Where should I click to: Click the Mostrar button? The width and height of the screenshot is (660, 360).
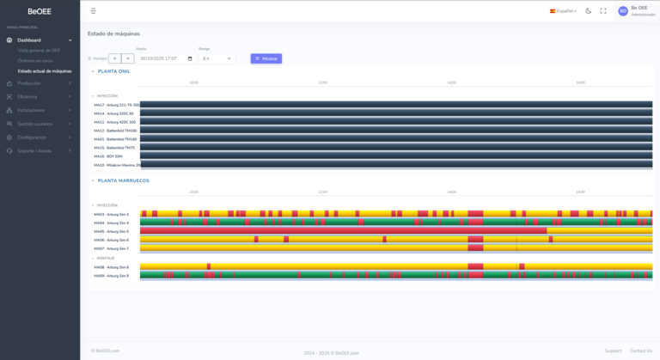266,58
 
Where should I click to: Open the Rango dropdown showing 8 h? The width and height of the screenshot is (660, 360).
217,58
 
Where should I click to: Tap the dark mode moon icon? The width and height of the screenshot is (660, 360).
589,11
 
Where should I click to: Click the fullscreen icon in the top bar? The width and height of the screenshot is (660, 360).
602,11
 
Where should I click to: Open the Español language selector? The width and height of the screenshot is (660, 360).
563,11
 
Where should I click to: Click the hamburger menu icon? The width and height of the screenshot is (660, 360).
93,11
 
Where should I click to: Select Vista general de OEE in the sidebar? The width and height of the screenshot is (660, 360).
39,51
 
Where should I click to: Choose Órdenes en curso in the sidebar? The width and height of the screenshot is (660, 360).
36,61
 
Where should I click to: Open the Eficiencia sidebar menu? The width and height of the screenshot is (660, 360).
28,96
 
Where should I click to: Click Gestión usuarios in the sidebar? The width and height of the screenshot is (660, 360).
34,124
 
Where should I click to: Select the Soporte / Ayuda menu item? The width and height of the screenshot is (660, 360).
34,150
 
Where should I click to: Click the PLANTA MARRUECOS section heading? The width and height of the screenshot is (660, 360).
123,180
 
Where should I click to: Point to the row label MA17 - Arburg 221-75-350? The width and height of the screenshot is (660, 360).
117,105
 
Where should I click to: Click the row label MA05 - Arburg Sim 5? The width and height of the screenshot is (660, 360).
112,231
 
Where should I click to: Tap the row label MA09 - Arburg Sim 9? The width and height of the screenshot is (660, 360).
112,276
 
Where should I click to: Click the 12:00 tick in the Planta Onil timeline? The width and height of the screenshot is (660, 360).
322,82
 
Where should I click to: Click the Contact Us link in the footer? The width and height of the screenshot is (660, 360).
640,351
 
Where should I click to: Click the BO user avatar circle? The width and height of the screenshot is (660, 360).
623,11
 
